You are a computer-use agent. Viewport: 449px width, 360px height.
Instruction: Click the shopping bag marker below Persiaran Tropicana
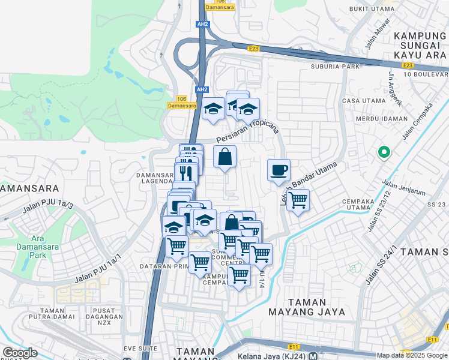point(224,157)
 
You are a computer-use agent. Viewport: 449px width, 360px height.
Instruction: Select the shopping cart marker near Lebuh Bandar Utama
point(298,199)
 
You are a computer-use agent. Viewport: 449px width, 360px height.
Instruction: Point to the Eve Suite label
point(140,348)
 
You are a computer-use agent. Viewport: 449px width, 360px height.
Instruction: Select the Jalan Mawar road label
point(373,38)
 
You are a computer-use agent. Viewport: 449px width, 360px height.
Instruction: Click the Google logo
point(20,353)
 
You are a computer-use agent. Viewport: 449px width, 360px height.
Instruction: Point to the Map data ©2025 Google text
point(412,355)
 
